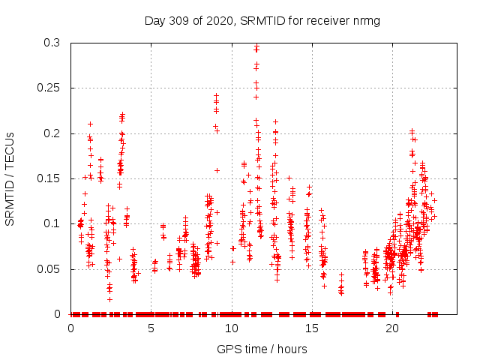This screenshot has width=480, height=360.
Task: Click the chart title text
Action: coord(262,20)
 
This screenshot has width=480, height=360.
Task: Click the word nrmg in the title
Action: coord(367,20)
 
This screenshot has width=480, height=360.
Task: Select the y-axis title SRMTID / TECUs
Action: coord(10,178)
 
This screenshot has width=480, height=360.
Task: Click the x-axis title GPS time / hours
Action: coord(262,349)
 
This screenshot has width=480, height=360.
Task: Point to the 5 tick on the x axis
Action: coord(151,328)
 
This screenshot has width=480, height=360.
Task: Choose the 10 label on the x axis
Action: coord(232,328)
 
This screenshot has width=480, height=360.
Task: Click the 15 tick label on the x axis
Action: coord(312,328)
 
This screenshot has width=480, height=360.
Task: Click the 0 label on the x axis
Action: coord(70,328)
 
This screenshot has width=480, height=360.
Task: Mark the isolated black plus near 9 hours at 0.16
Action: coord(217,170)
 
